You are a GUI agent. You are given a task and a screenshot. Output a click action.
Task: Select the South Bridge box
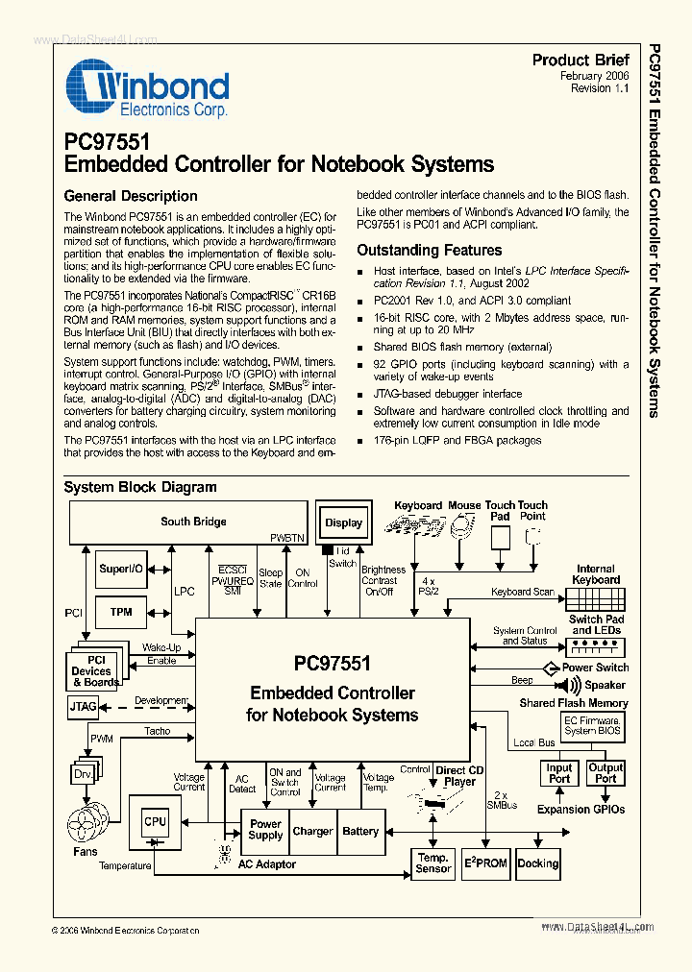[x=193, y=522]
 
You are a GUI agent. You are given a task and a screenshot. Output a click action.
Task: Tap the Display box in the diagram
[x=343, y=522]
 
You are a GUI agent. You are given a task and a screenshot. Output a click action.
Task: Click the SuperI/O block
[x=121, y=570]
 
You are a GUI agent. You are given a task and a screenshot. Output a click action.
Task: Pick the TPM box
[x=121, y=612]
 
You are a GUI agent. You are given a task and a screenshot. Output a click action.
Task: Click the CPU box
[x=155, y=821]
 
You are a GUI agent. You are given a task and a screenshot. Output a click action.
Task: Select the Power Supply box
[x=265, y=830]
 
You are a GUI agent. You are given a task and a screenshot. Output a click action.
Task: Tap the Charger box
[x=312, y=831]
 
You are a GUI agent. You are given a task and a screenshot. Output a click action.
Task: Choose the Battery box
[x=360, y=831]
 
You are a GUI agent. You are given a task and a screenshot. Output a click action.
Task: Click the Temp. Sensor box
[x=433, y=863]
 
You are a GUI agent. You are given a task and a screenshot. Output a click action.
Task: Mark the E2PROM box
[x=485, y=863]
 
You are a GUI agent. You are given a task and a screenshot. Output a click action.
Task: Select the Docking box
[x=538, y=863]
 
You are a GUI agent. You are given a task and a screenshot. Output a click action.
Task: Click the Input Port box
[x=559, y=773]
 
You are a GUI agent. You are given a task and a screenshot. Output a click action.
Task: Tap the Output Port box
[x=605, y=773]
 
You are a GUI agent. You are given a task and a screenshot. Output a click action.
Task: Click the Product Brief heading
[x=581, y=60]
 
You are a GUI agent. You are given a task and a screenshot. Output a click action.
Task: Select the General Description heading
[x=131, y=196]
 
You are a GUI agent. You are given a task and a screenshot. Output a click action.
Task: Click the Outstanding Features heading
[x=430, y=250]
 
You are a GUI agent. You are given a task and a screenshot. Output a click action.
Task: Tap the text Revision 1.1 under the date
[x=599, y=88]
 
